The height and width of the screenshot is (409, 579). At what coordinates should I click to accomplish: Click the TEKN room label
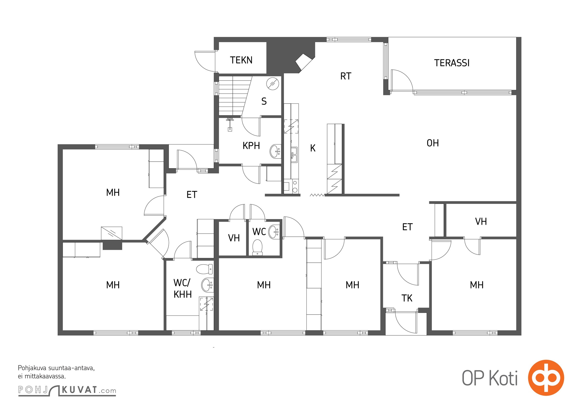[241, 60]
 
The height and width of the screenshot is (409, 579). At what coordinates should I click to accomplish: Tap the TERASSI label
[452, 63]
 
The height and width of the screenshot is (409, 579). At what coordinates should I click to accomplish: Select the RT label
[346, 76]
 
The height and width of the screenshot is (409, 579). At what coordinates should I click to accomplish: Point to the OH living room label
[433, 143]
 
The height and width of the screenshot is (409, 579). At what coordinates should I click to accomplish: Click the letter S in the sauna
[264, 101]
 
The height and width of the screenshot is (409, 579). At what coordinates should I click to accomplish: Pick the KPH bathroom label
[251, 146]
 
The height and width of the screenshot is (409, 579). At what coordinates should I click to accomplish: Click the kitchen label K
[313, 148]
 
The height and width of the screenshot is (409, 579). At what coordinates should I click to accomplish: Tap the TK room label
[407, 298]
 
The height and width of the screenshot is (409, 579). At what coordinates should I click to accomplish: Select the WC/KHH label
[183, 289]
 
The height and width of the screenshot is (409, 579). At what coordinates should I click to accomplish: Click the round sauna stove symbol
[273, 84]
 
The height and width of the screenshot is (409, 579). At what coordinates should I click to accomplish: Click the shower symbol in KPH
[230, 124]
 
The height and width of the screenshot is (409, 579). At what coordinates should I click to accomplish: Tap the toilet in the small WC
[257, 247]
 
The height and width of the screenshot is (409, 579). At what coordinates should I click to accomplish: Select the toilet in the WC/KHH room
[204, 269]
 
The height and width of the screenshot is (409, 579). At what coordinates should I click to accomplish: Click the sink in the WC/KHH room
[207, 285]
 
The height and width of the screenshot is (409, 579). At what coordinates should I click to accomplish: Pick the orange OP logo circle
[546, 378]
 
